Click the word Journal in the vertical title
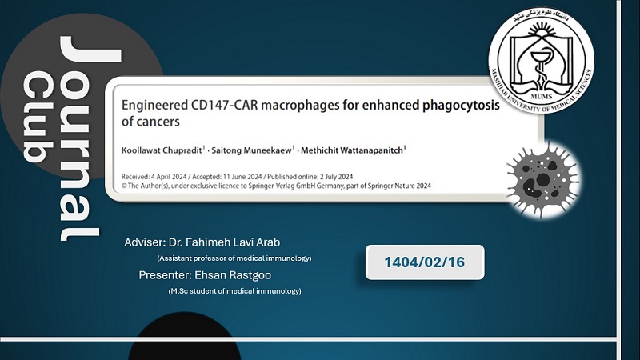tap(80, 138)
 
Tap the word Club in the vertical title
tap(38, 117)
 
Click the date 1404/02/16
tap(425, 262)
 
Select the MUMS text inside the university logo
tap(542, 97)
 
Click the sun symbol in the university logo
tap(542, 31)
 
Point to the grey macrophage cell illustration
tap(543, 179)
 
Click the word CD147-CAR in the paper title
tap(224, 105)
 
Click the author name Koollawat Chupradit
tap(162, 150)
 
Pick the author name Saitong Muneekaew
tap(251, 150)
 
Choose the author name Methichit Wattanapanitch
tap(352, 150)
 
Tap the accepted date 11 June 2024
tap(242, 177)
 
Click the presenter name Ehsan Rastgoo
tap(233, 275)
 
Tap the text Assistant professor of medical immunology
tap(234, 258)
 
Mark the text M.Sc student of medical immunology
tap(234, 291)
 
